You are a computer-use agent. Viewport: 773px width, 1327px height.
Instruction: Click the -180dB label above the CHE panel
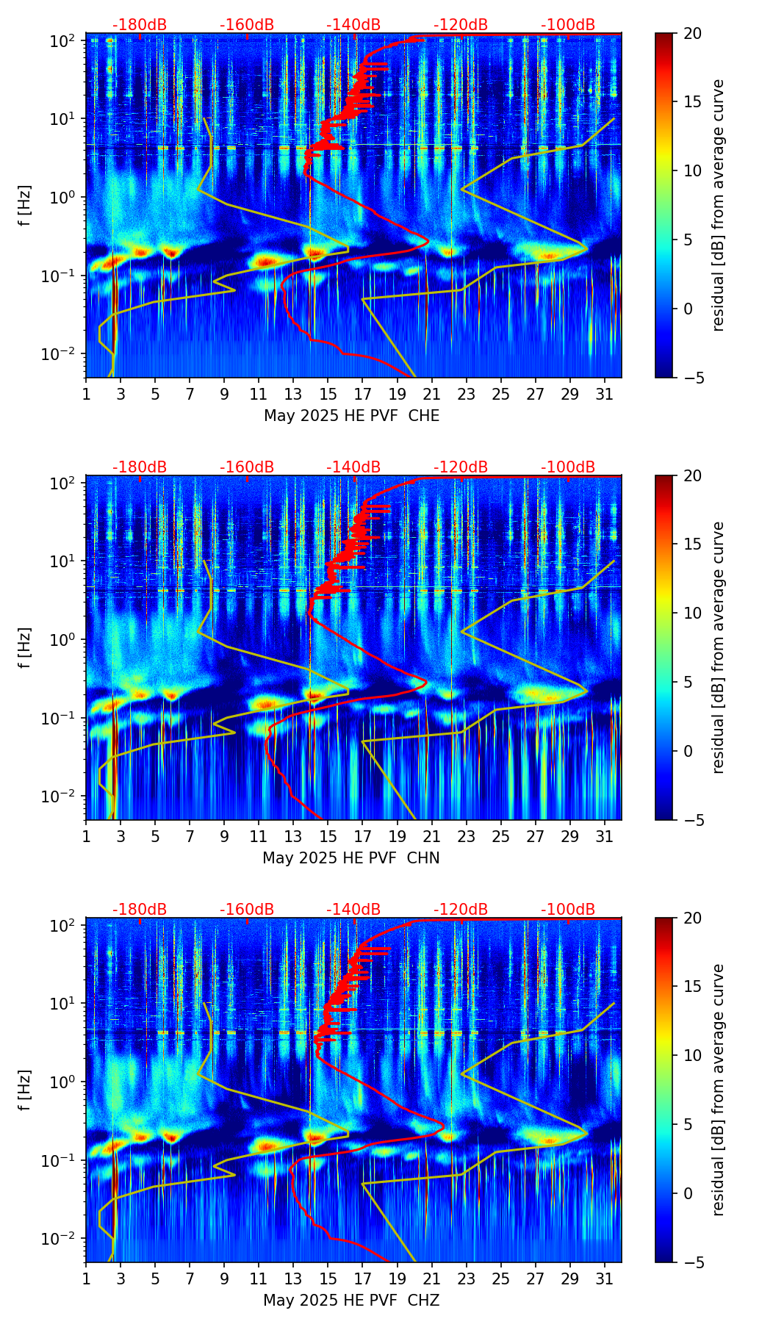pyautogui.click(x=140, y=25)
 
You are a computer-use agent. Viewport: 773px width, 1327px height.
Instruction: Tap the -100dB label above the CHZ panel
pyautogui.click(x=568, y=910)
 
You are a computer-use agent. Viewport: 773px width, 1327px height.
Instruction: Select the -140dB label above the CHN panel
pyautogui.click(x=353, y=467)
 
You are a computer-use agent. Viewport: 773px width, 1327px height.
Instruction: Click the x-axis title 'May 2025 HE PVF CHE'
pyautogui.click(x=351, y=416)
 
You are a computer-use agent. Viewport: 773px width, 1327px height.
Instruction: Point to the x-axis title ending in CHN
pyautogui.click(x=351, y=858)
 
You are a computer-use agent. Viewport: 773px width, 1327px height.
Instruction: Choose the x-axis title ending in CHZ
pyautogui.click(x=351, y=1301)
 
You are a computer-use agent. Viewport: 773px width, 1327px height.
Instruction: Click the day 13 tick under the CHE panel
pyautogui.click(x=293, y=394)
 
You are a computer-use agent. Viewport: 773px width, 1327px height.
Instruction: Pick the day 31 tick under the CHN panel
pyautogui.click(x=605, y=836)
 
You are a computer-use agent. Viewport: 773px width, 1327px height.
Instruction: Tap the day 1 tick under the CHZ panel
pyautogui.click(x=86, y=1279)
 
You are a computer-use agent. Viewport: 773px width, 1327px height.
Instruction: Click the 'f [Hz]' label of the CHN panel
pyautogui.click(x=25, y=647)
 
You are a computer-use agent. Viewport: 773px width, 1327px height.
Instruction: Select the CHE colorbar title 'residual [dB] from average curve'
pyautogui.click(x=718, y=205)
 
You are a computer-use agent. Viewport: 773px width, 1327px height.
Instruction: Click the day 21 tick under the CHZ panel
pyautogui.click(x=431, y=1279)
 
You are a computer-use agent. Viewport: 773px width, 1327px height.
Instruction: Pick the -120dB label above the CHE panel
pyautogui.click(x=461, y=25)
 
